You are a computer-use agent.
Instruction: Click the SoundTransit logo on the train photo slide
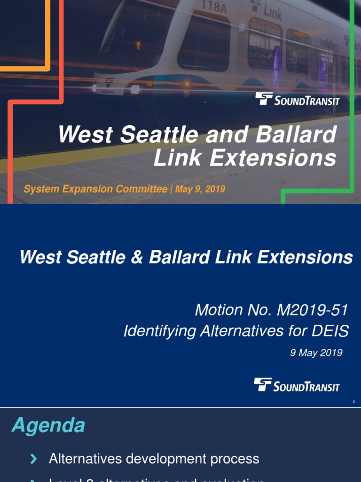[x=297, y=99]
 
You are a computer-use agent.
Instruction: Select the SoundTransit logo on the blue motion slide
[x=297, y=385]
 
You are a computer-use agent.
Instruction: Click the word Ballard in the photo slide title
[x=297, y=135]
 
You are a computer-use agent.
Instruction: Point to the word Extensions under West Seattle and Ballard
[x=273, y=159]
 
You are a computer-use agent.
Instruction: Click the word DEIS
[x=329, y=331]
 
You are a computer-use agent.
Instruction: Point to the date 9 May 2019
[x=316, y=353]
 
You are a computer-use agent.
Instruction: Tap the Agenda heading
[x=48, y=426]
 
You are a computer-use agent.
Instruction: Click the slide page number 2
[x=353, y=402]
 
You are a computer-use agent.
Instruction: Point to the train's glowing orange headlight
[x=187, y=84]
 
